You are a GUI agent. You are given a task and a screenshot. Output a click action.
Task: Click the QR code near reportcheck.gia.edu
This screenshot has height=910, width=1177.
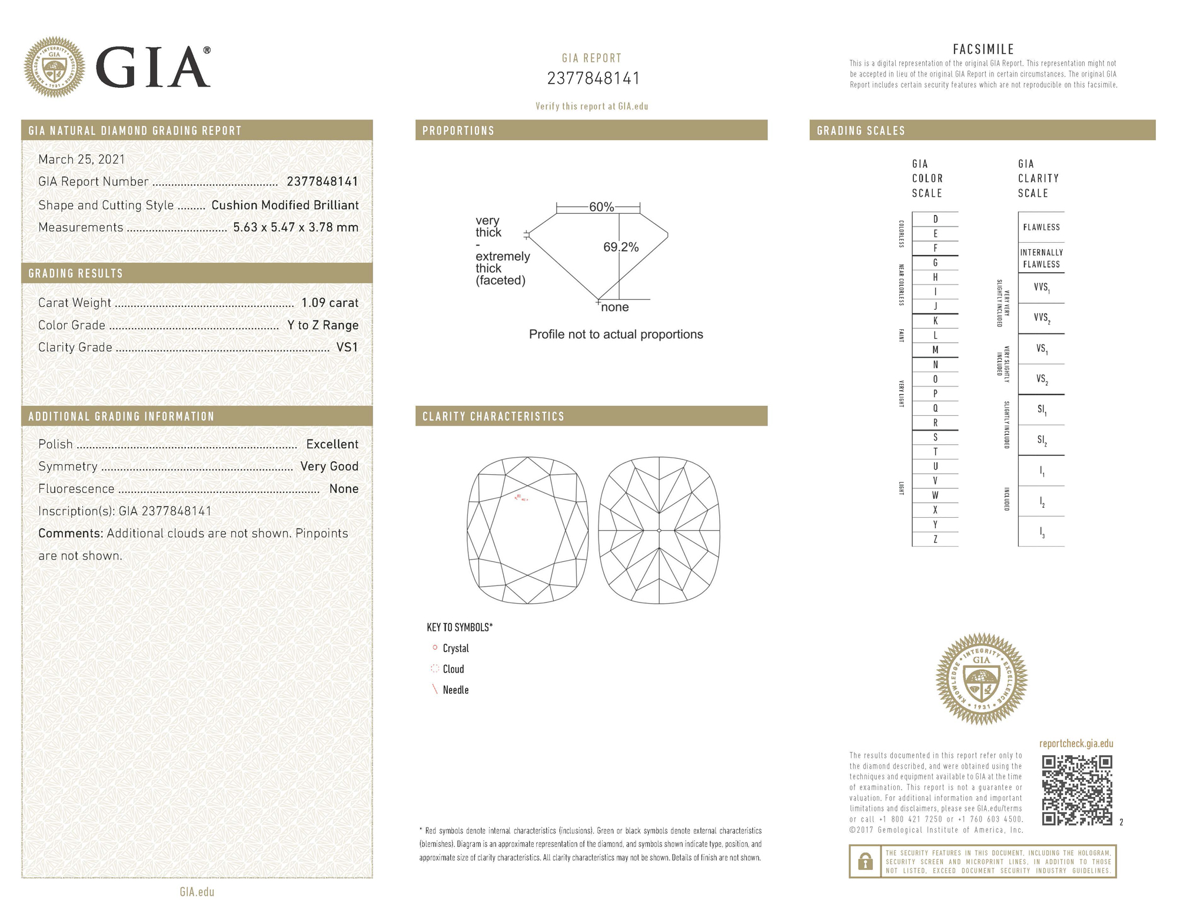(1076, 790)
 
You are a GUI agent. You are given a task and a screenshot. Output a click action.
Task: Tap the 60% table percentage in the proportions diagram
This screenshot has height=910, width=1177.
(601, 207)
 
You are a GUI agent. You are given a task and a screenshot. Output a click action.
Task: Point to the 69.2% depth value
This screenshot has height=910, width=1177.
(621, 247)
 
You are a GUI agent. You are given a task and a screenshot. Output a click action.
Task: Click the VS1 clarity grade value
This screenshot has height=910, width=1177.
(347, 348)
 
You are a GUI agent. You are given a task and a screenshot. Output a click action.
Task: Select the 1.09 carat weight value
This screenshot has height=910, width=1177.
(330, 303)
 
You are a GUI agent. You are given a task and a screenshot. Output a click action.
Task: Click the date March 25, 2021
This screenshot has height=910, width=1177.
(82, 159)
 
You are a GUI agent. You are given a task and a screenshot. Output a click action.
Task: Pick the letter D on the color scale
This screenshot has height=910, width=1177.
(935, 219)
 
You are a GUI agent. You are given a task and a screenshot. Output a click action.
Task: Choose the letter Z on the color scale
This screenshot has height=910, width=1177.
(935, 539)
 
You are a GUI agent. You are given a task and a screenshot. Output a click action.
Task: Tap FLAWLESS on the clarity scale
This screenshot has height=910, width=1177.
(1041, 227)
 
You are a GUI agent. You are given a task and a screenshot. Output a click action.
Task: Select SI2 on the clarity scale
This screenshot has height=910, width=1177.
(1042, 441)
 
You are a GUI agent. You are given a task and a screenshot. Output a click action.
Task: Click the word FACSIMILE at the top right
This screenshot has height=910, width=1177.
(983, 49)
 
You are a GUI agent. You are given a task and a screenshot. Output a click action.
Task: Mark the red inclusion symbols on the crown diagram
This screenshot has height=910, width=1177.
(521, 498)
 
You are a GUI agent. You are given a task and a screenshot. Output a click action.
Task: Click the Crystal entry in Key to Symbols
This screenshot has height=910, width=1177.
(455, 648)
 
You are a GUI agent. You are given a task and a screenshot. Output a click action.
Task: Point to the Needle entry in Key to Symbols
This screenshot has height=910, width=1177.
(455, 690)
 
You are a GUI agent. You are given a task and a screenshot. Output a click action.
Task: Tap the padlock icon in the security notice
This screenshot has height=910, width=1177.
(865, 862)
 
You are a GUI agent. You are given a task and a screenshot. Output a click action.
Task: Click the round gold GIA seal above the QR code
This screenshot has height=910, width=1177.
(981, 679)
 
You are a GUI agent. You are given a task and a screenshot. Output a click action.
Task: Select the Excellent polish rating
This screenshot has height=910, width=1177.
(332, 444)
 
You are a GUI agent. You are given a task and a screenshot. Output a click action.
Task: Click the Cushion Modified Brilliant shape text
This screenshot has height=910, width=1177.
(285, 205)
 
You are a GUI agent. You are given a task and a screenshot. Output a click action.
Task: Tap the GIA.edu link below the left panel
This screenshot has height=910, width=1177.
(197, 892)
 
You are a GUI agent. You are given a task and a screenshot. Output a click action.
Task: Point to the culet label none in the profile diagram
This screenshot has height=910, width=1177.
(615, 307)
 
